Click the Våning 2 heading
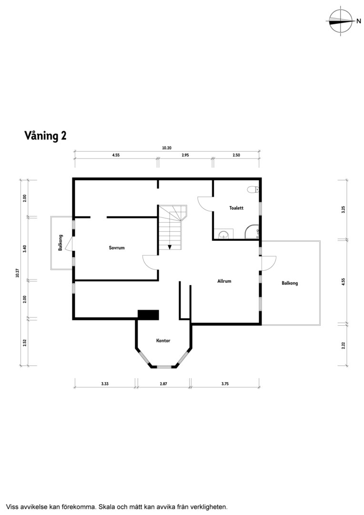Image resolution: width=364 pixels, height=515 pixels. coord(45,135)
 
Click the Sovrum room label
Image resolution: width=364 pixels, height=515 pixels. coord(117,247)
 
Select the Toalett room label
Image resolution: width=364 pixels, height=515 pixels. coord(236,208)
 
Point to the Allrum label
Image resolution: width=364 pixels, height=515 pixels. coord(224,281)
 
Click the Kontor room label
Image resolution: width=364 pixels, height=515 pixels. coord(163,340)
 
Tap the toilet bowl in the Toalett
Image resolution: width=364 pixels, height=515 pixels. coord(253,189)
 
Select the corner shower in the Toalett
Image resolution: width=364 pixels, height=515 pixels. coord(253,232)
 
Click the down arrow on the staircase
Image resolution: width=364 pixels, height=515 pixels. coord(170,247)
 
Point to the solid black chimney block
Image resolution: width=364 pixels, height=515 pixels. coord(148,315)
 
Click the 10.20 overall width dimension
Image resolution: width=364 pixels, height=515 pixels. coord(167,148)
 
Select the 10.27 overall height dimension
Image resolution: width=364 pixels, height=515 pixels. coord(18,273)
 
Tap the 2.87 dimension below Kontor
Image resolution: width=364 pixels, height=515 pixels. coord(163,383)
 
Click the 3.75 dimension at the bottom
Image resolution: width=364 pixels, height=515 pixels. coord(225,383)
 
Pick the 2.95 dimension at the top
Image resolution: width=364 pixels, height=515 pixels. coord(185,155)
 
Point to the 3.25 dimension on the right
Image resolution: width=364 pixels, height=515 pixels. coord(344,209)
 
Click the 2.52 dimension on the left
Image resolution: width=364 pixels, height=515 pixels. coord(25,342)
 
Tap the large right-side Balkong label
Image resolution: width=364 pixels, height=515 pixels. coord(290,283)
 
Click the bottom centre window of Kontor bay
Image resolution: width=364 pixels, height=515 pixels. coord(163,366)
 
